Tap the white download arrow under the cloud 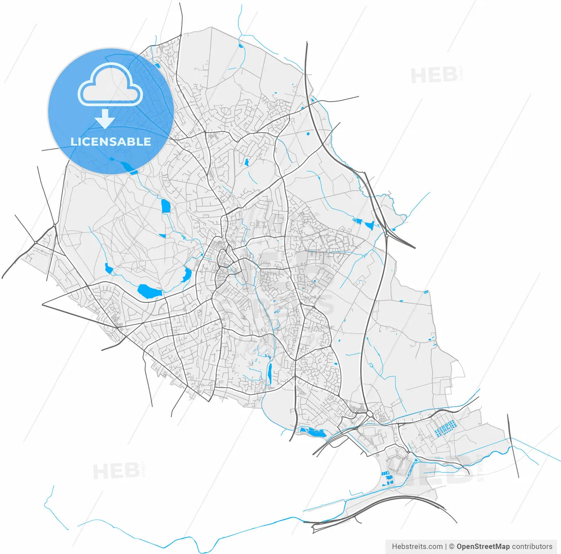pyautogui.click(x=105, y=119)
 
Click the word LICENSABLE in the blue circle pyautogui.click(x=110, y=142)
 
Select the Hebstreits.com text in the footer pyautogui.click(x=417, y=547)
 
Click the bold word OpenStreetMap pyautogui.click(x=483, y=547)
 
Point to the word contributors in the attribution pyautogui.click(x=532, y=547)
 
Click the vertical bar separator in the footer pyautogui.click(x=446, y=547)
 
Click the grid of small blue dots pyautogui.click(x=444, y=428)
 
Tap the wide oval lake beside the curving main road pyautogui.click(x=149, y=291)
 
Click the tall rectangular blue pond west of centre pyautogui.click(x=165, y=206)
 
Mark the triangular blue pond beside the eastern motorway pyautogui.click(x=369, y=225)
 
